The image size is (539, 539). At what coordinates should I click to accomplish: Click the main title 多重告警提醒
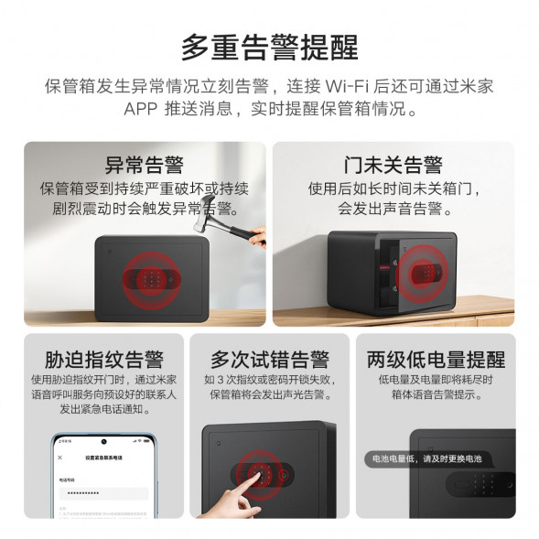tap(269, 46)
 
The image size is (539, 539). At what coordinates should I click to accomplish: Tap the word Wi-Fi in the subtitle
tap(347, 87)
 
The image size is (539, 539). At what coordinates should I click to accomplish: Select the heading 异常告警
tap(144, 165)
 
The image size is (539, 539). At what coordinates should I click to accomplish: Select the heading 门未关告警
tap(393, 165)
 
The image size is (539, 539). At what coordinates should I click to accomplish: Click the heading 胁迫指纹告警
tap(102, 359)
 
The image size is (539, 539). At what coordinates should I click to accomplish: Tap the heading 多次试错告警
tap(269, 359)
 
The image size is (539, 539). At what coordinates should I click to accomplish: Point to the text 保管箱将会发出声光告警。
tap(269, 394)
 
